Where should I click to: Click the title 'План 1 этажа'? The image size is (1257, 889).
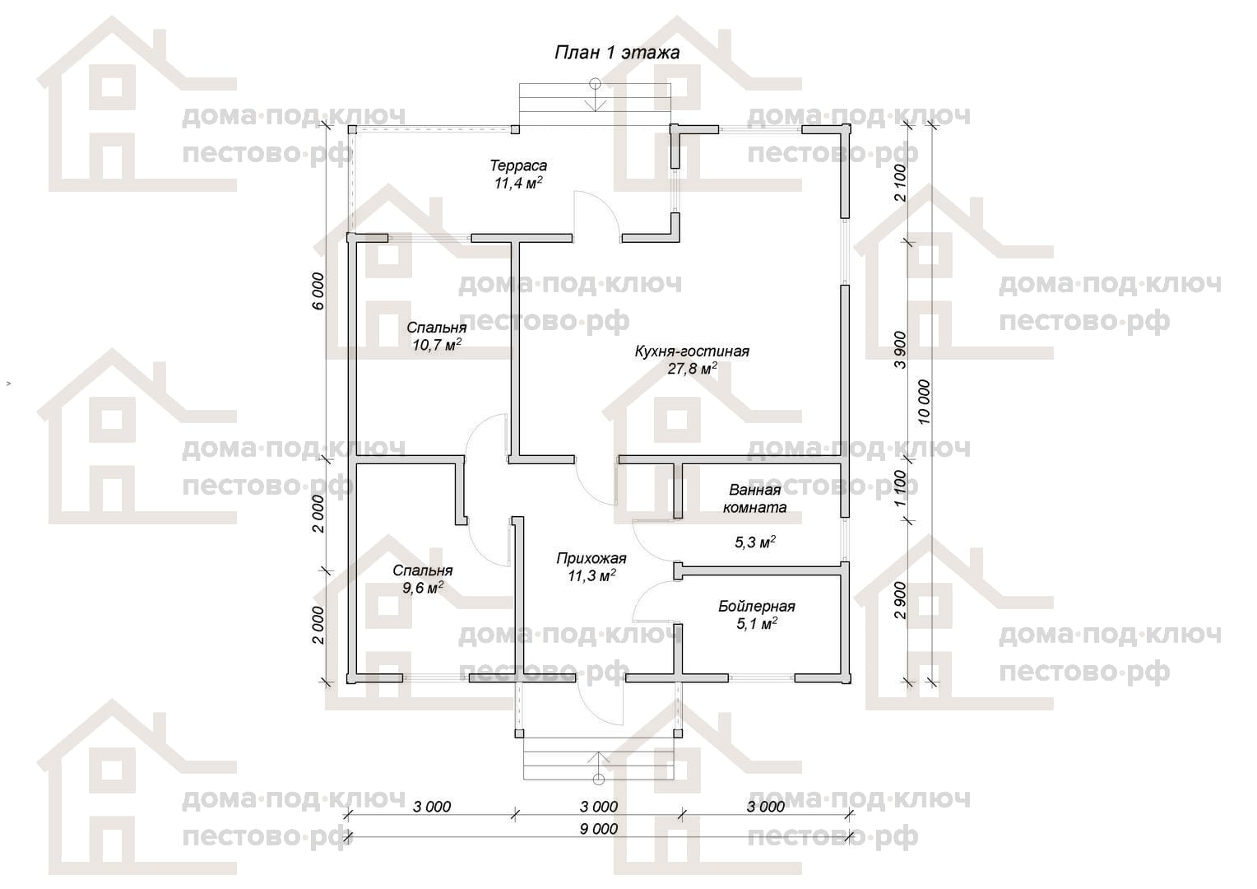617,52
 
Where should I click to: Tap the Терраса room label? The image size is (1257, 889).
518,165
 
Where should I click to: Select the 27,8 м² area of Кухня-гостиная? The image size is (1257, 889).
692,369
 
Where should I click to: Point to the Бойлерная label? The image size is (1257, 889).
757,607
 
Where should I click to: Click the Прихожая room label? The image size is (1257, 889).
591,558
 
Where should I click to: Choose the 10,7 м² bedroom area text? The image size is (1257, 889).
437,344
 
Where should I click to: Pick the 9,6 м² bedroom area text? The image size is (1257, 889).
423,588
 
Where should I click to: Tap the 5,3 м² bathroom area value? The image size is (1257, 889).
754,542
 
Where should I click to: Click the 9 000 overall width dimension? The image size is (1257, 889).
599,829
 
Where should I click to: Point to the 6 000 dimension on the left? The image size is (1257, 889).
318,291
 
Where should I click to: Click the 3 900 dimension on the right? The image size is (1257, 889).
900,350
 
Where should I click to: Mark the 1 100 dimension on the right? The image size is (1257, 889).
900,488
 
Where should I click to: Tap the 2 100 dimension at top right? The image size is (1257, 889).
900,183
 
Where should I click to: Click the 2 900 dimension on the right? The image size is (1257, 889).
900,600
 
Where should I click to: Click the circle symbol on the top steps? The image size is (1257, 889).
595,85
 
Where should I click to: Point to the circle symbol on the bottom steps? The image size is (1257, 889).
599,780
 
